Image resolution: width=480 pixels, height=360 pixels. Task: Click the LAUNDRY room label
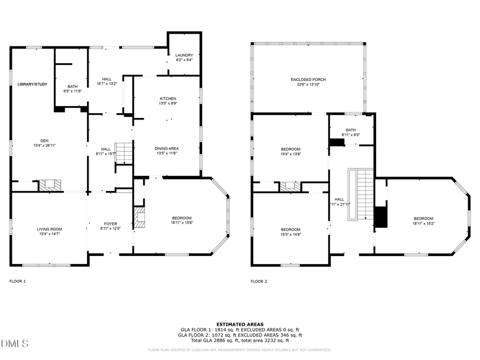(x=184, y=55)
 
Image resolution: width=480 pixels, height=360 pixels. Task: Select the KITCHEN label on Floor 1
(x=168, y=99)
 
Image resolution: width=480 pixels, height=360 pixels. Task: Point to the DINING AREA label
(x=166, y=148)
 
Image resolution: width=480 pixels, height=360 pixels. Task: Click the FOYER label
(x=110, y=224)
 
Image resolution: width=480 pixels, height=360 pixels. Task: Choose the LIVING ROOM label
(x=49, y=229)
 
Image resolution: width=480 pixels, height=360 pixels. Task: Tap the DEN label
(x=44, y=140)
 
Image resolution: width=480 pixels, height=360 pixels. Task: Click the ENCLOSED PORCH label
(x=308, y=79)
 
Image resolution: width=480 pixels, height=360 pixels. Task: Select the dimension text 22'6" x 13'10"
(x=308, y=84)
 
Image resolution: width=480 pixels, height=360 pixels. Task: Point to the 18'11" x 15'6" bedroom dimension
(x=182, y=222)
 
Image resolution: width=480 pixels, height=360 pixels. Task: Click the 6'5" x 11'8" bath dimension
(x=72, y=91)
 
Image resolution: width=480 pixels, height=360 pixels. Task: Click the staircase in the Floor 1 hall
(x=123, y=153)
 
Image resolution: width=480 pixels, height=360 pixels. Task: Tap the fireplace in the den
(x=51, y=185)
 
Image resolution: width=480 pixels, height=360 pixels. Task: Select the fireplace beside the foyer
(x=139, y=218)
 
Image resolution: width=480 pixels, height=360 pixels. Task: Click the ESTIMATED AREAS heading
(x=239, y=324)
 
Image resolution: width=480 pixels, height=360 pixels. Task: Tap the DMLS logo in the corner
(x=14, y=343)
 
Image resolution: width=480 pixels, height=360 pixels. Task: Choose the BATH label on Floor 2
(x=350, y=130)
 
